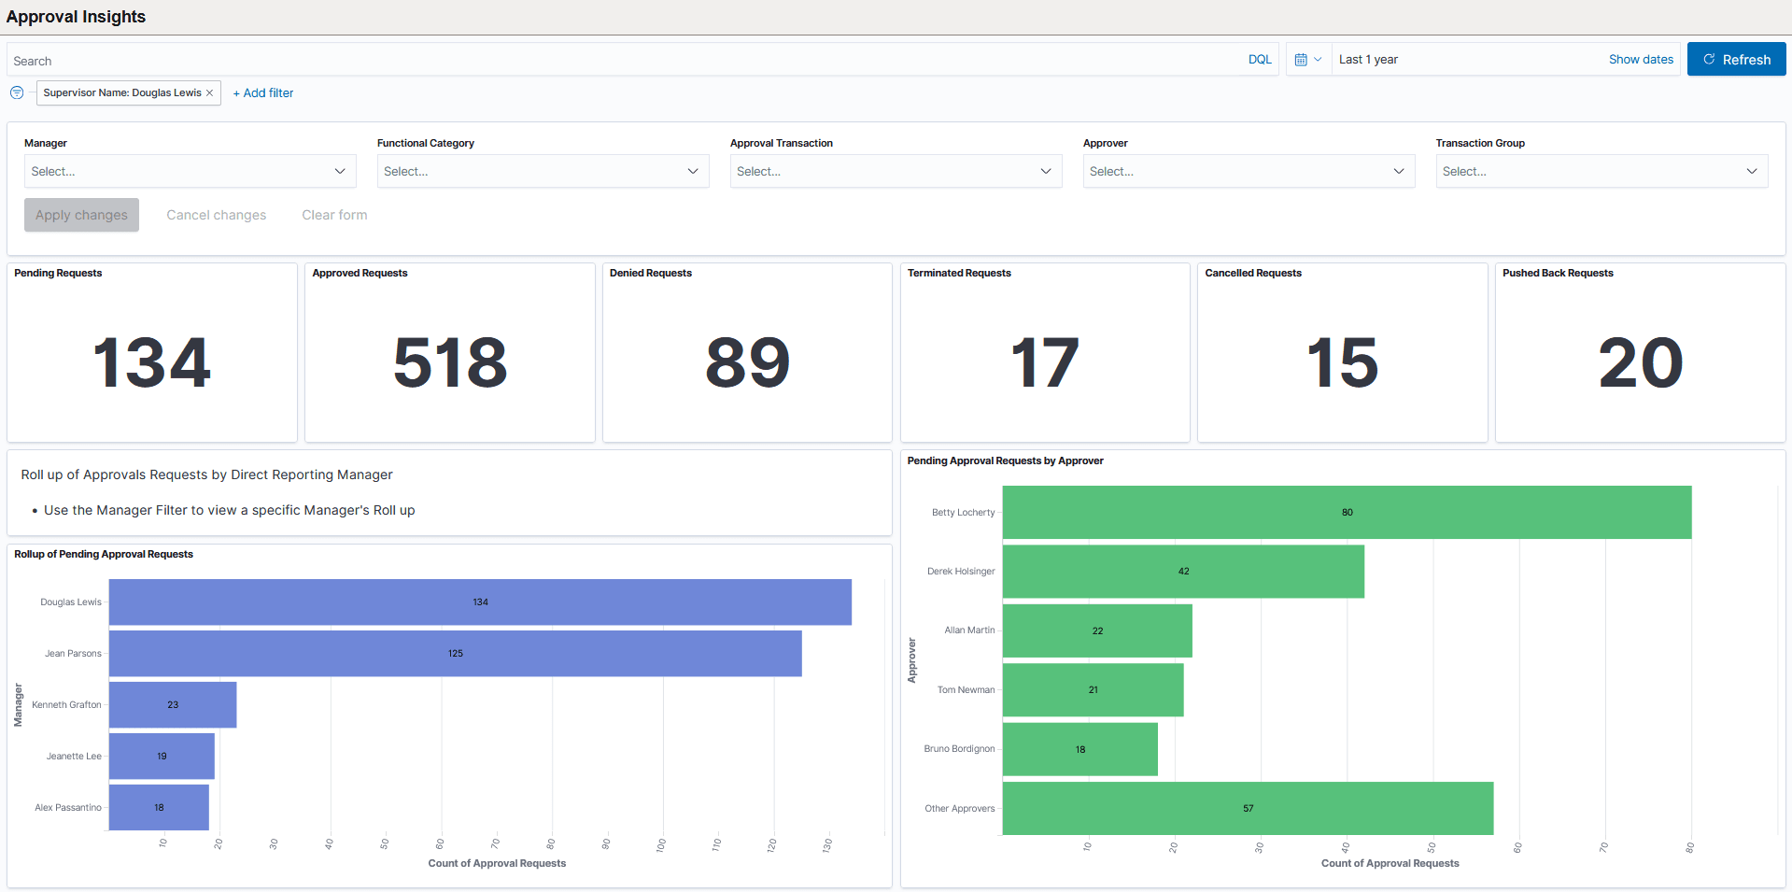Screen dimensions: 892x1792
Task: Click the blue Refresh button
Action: tap(1736, 60)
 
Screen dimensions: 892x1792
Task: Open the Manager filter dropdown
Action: tap(190, 171)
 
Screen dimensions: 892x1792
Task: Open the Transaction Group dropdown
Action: tap(1601, 171)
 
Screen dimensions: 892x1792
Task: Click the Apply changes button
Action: tap(81, 215)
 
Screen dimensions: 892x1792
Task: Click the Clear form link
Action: tap(334, 215)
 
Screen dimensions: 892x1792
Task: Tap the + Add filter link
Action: tap(263, 93)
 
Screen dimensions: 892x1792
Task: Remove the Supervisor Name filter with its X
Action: tap(210, 93)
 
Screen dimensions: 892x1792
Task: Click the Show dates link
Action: tap(1640, 60)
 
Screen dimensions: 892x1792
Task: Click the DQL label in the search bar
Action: tap(1259, 60)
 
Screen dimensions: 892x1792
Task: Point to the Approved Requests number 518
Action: tap(450, 362)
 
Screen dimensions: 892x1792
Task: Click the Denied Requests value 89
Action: tap(747, 362)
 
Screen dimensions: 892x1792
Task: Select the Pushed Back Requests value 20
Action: tap(1640, 362)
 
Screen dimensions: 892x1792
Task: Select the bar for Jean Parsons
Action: tap(455, 654)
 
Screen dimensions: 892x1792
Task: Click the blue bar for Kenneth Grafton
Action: tap(173, 705)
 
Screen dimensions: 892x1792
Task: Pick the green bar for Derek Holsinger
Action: tap(1182, 572)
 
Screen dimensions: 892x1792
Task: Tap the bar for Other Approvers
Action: tap(1247, 809)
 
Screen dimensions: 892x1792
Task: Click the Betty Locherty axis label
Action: tap(963, 513)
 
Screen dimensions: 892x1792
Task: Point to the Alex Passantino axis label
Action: tap(68, 808)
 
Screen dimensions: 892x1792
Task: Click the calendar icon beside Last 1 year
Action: tap(1301, 60)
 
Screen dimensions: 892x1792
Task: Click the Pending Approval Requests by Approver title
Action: tap(1005, 461)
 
